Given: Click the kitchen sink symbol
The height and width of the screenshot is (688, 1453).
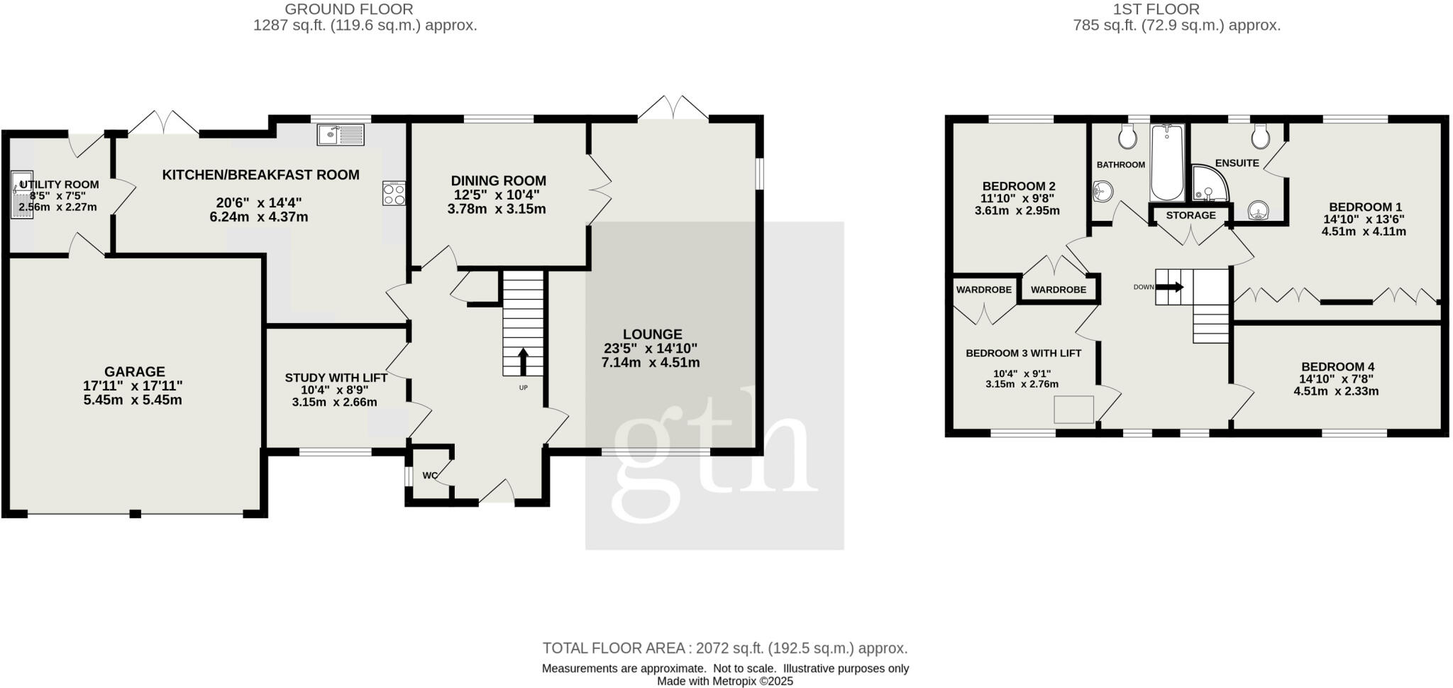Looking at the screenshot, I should tap(341, 134).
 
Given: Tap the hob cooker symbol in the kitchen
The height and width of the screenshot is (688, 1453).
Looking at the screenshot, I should tap(394, 194).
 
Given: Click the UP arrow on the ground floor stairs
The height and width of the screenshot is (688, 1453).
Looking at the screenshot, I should tap(524, 361).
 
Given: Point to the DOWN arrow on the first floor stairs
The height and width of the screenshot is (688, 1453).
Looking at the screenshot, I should tap(1170, 287).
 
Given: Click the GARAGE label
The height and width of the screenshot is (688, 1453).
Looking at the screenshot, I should tap(134, 371).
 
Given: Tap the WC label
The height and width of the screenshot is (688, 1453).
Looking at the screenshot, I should tap(430, 476).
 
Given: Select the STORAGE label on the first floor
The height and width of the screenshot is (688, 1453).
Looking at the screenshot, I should tap(1190, 215).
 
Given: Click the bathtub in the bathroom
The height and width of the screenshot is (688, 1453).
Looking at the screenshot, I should tap(1167, 163).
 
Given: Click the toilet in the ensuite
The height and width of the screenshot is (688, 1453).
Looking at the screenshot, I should tap(1260, 136).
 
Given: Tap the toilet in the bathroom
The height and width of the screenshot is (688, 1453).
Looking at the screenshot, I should tap(1127, 136).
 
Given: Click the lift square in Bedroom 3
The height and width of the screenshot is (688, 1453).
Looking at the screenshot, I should tap(1073, 410).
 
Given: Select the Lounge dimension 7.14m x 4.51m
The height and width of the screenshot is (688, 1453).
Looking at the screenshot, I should tap(650, 363).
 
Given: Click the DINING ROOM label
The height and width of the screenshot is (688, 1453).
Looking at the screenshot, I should tap(498, 181).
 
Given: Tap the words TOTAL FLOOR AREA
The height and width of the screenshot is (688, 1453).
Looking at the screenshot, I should tap(614, 648).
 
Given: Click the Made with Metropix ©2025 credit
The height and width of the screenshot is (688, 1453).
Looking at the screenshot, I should tap(724, 681).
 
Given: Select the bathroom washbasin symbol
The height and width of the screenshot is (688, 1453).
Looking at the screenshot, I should tap(1103, 190).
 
